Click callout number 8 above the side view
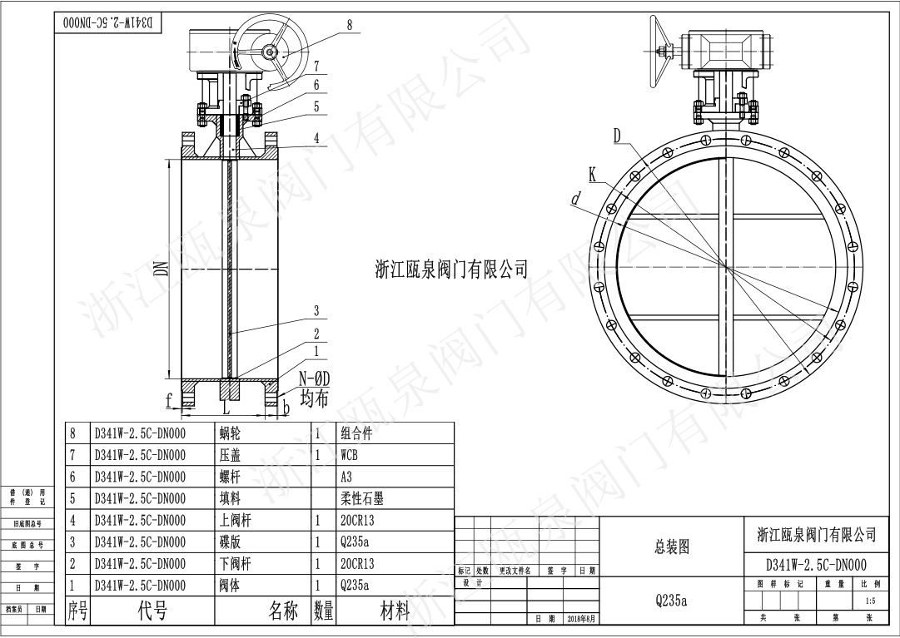(350, 25)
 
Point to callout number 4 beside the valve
(316, 138)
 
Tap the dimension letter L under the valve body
(226, 408)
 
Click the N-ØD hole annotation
(314, 379)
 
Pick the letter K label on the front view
(593, 174)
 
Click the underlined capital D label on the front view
(619, 135)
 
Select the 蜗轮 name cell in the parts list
(229, 433)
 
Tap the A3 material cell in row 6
(346, 477)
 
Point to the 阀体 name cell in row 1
(229, 585)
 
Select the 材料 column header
(395, 612)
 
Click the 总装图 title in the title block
(672, 547)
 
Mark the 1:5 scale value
(871, 600)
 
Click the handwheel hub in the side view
(271, 52)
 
